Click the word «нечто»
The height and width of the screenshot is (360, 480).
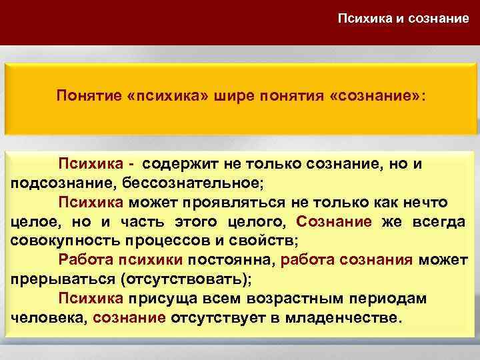pos(423,202)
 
